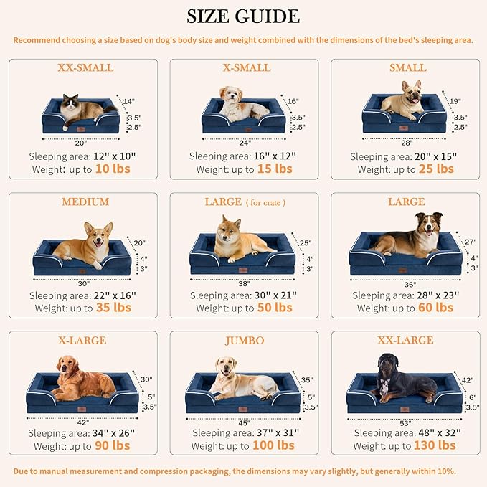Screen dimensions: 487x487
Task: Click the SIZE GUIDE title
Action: [243, 16]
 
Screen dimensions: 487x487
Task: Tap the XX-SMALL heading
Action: [85, 68]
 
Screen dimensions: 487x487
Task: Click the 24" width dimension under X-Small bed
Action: [244, 142]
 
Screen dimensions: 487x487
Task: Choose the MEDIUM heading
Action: [85, 202]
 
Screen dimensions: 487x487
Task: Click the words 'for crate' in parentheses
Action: [267, 203]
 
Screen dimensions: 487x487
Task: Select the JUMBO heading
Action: [244, 341]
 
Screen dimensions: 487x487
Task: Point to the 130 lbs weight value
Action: [435, 445]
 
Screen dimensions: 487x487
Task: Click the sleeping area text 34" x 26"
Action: [107, 433]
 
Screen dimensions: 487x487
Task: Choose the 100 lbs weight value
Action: [274, 445]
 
